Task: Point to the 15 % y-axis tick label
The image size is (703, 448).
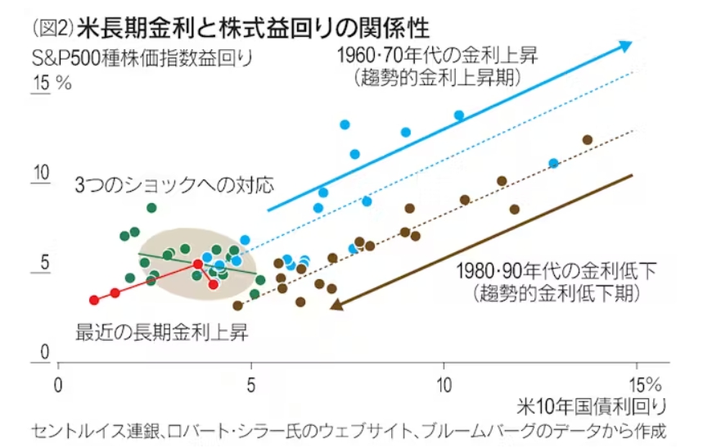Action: tap(52, 84)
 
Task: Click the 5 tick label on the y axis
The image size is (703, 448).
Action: tap(46, 263)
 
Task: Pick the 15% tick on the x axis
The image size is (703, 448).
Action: tap(646, 386)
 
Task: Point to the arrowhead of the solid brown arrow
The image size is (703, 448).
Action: tap(336, 305)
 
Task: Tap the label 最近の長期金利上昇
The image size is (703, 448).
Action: tap(162, 332)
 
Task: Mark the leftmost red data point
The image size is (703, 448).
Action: tap(93, 300)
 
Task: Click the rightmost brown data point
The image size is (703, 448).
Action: tap(587, 139)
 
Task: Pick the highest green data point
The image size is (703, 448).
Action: tap(151, 207)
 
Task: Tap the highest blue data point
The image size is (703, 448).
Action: tap(459, 115)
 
